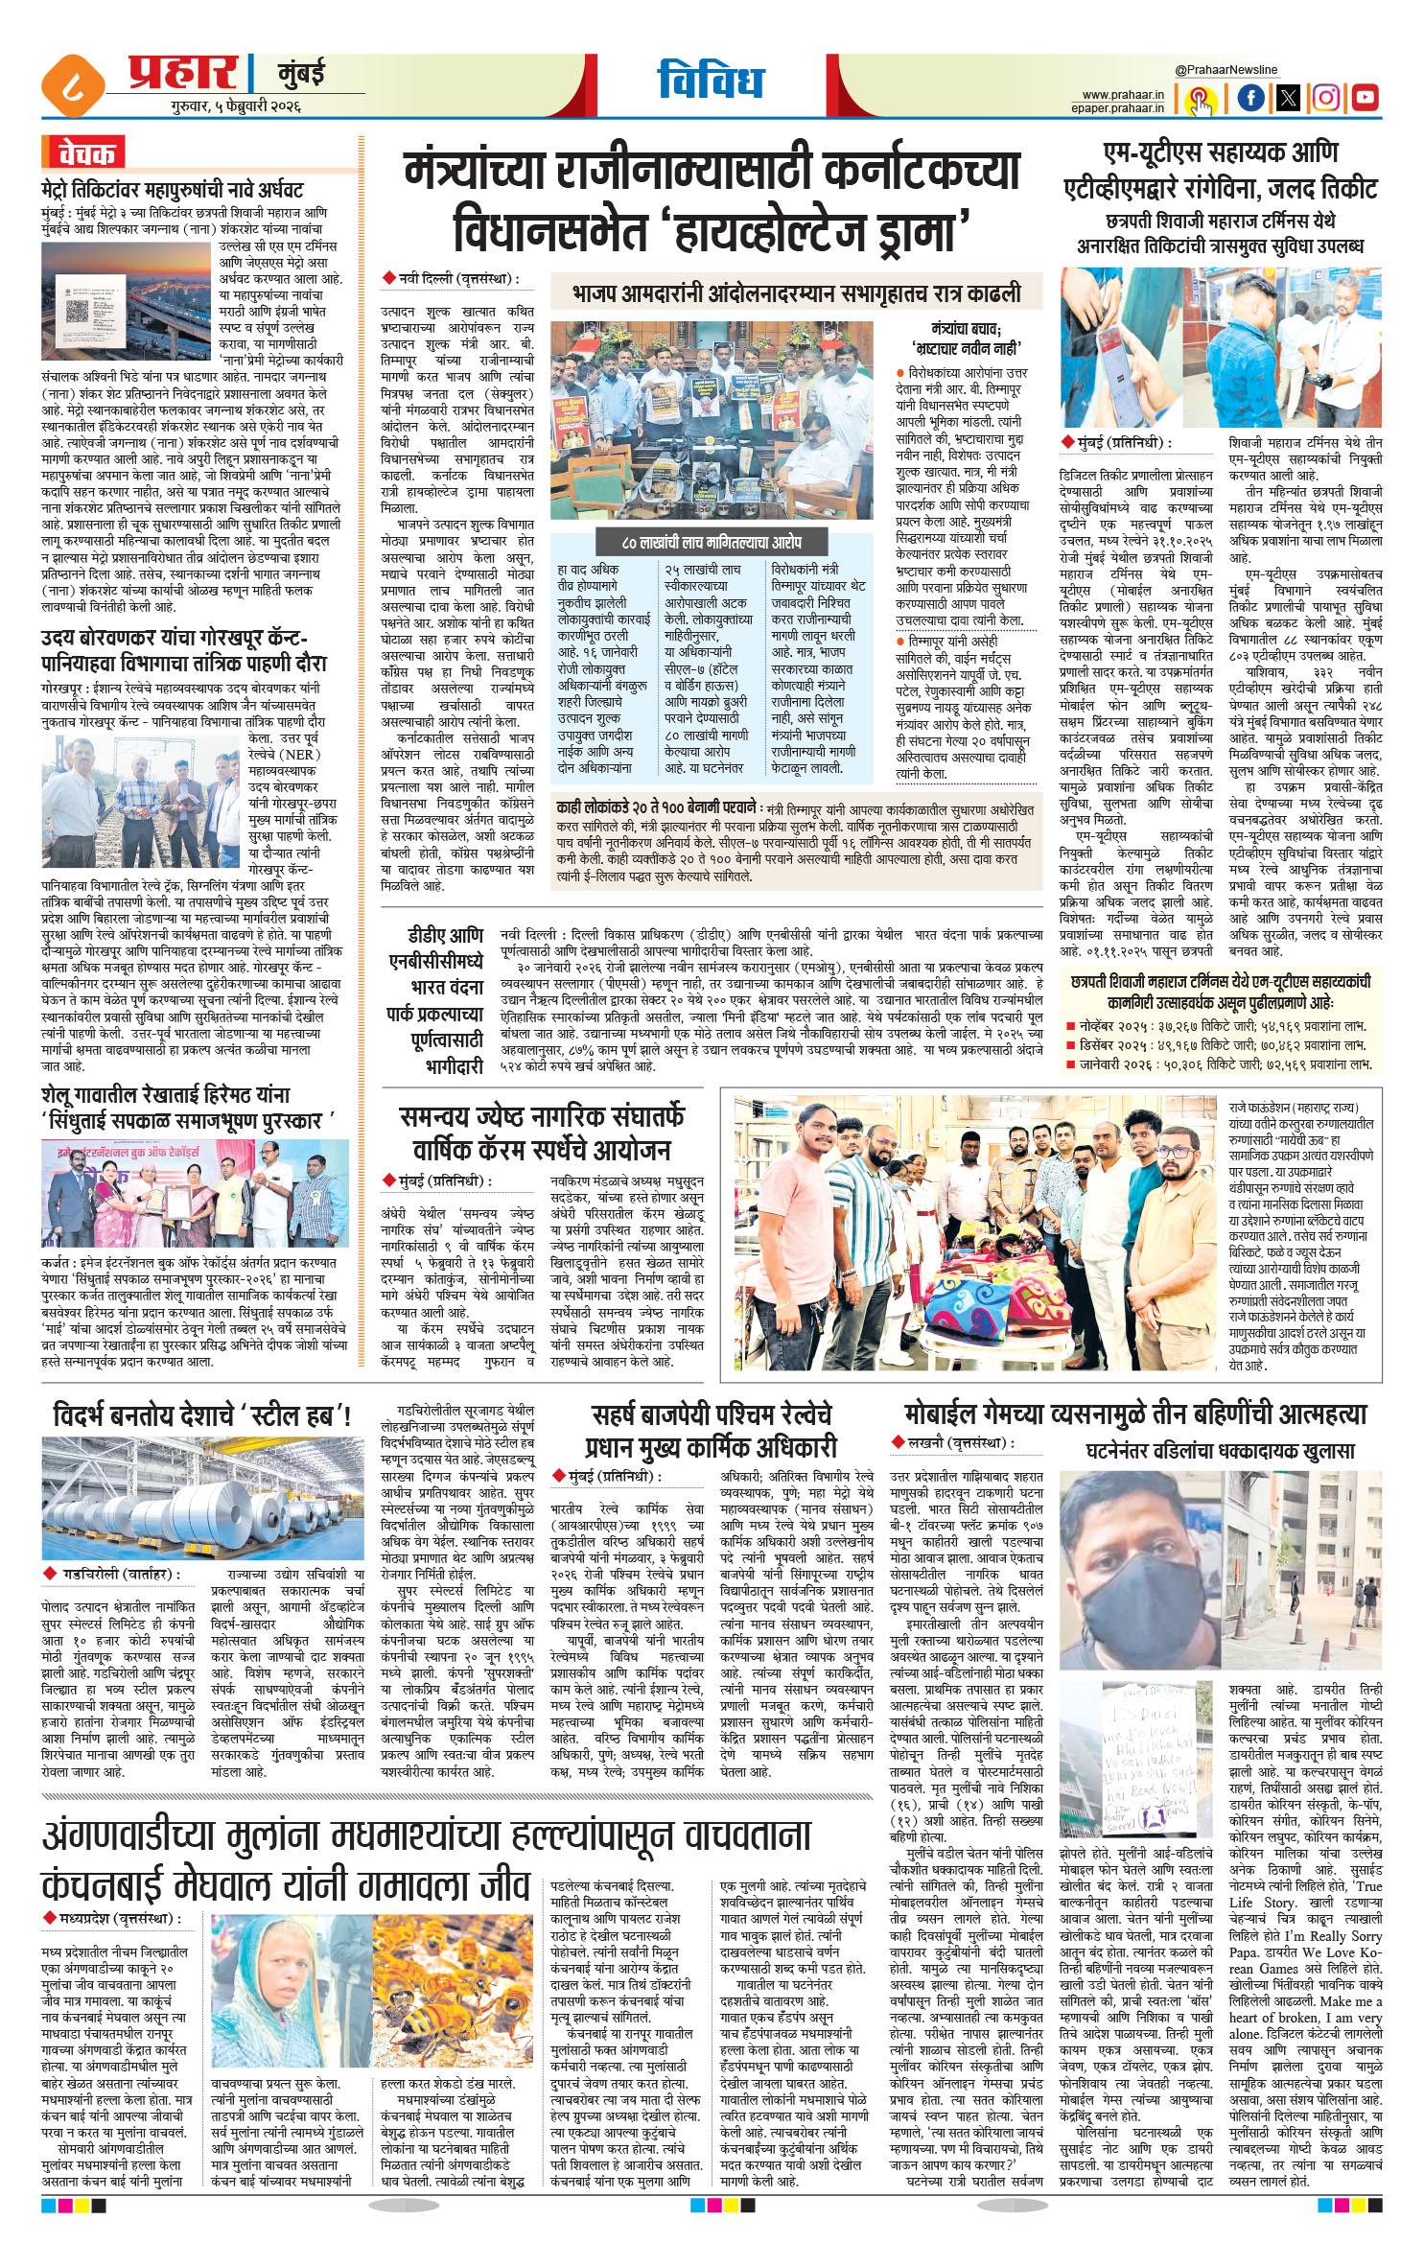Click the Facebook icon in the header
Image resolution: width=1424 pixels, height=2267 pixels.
[x=1250, y=98]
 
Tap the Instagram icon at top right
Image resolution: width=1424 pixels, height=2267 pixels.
[x=1326, y=98]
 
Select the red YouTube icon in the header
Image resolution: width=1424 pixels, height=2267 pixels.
[x=1365, y=98]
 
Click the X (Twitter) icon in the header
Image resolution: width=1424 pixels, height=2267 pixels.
[x=1288, y=98]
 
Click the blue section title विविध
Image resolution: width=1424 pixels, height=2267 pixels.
[x=711, y=81]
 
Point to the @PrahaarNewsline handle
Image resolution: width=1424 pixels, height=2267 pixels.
[x=1226, y=70]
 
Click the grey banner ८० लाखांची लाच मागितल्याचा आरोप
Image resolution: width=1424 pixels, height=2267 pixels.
[x=711, y=542]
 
